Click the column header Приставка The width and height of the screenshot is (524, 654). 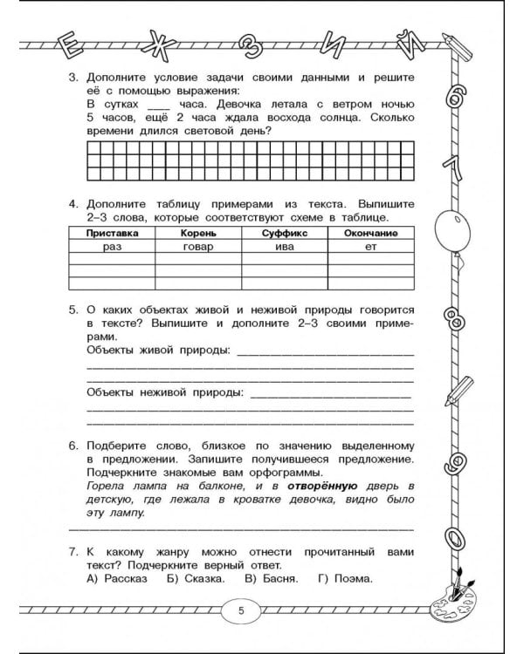[110, 234]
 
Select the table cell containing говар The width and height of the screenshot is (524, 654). [196, 247]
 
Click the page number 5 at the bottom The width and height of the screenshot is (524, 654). [242, 610]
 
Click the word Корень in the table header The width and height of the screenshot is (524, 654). [196, 234]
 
